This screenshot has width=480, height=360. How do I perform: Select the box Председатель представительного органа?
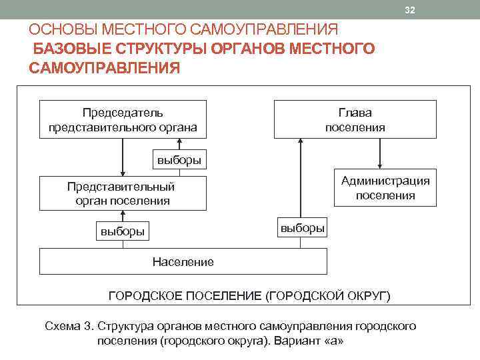pos(123,119)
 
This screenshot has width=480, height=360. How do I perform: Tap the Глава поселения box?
pos(355,119)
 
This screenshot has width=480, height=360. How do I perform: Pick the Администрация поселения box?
pos(385,188)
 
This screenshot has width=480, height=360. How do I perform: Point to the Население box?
pos(183,261)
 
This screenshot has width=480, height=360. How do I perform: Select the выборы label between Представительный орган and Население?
pos(123,232)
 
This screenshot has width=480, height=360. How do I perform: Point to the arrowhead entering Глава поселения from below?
pos(301,142)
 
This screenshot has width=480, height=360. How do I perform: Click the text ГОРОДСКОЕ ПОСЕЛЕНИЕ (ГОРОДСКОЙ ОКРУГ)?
pos(249,295)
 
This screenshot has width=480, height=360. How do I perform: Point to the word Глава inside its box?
pos(355,113)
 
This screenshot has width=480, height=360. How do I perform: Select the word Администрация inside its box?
pos(385,181)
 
